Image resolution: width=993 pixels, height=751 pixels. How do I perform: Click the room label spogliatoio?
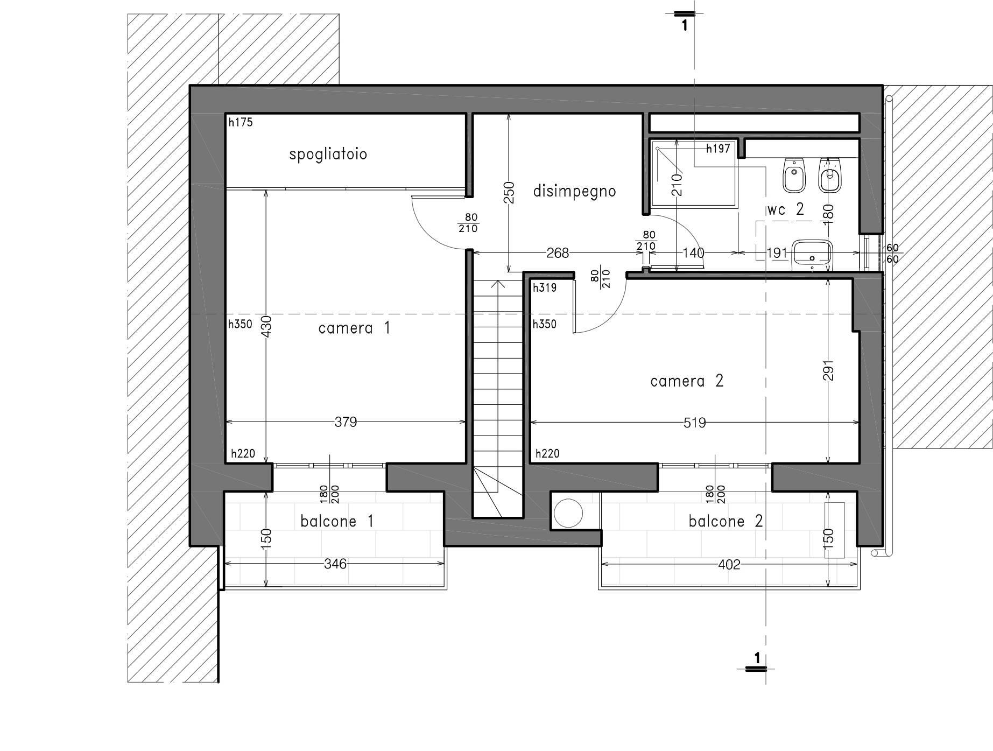[x=328, y=155]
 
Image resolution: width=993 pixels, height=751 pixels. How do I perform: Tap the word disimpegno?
[x=574, y=191]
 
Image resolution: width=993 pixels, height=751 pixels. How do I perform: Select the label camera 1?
[x=354, y=328]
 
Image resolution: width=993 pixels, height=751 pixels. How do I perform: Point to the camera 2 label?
[x=687, y=381]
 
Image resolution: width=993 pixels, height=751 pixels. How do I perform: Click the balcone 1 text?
[x=337, y=521]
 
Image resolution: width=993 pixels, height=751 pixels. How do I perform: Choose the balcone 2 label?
[x=726, y=521]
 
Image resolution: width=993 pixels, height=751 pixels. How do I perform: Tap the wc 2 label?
[x=785, y=209]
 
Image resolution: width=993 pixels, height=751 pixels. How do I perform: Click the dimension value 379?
[x=346, y=422]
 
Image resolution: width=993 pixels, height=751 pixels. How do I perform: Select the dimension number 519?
[x=694, y=423]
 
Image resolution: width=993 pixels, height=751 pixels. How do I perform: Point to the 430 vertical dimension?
[x=266, y=326]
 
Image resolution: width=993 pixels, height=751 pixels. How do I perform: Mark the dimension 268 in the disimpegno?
[x=558, y=252]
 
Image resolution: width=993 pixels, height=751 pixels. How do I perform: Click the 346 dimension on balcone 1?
[x=335, y=564]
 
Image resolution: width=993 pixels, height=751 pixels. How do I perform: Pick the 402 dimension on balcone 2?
[x=729, y=564]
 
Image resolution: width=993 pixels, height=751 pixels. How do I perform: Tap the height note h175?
[x=241, y=122]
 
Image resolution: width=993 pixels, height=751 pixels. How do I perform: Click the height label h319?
[x=545, y=287]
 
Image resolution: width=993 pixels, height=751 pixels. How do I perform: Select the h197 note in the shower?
[x=718, y=149]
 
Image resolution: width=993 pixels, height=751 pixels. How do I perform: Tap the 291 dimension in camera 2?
[x=829, y=370]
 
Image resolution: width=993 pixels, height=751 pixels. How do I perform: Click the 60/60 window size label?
[x=892, y=254]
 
